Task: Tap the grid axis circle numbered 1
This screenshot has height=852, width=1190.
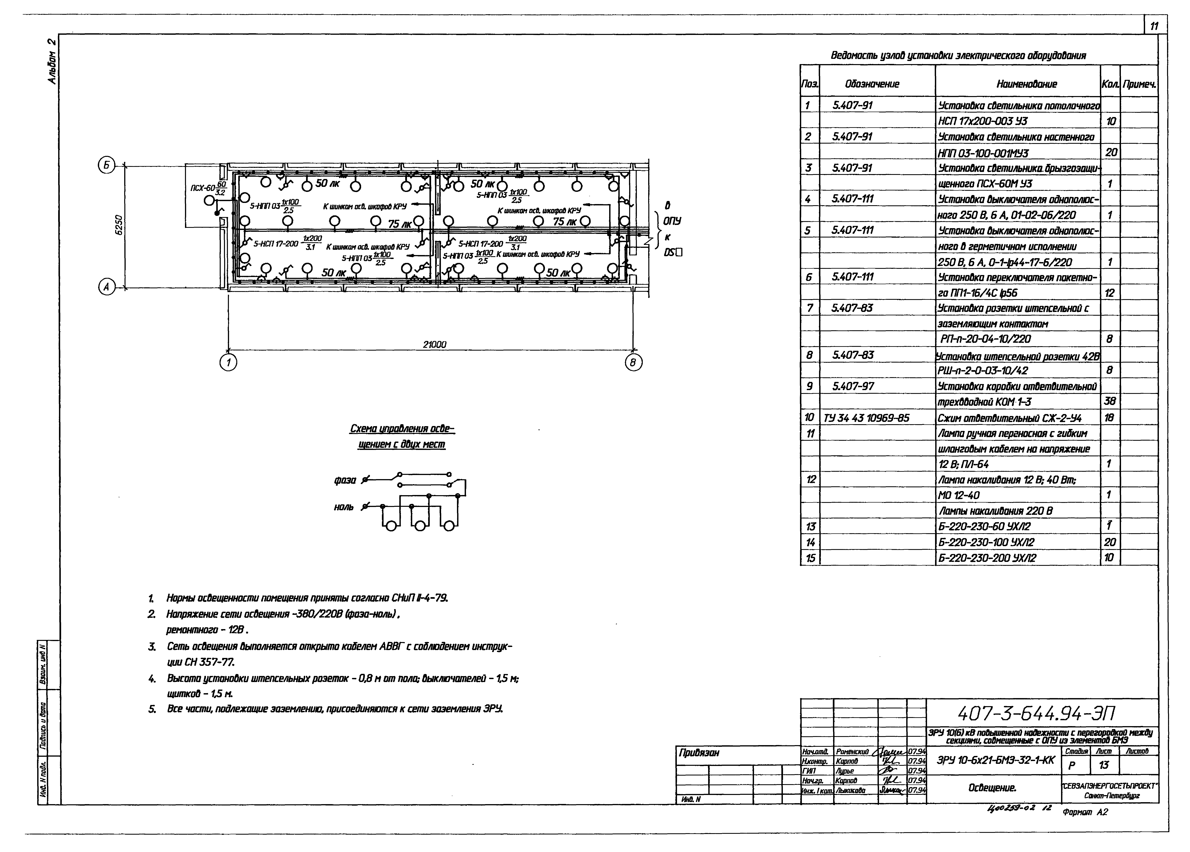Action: click(x=228, y=363)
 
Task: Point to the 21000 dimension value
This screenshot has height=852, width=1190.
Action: click(x=434, y=345)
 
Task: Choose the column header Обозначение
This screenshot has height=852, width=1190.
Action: click(x=872, y=84)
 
